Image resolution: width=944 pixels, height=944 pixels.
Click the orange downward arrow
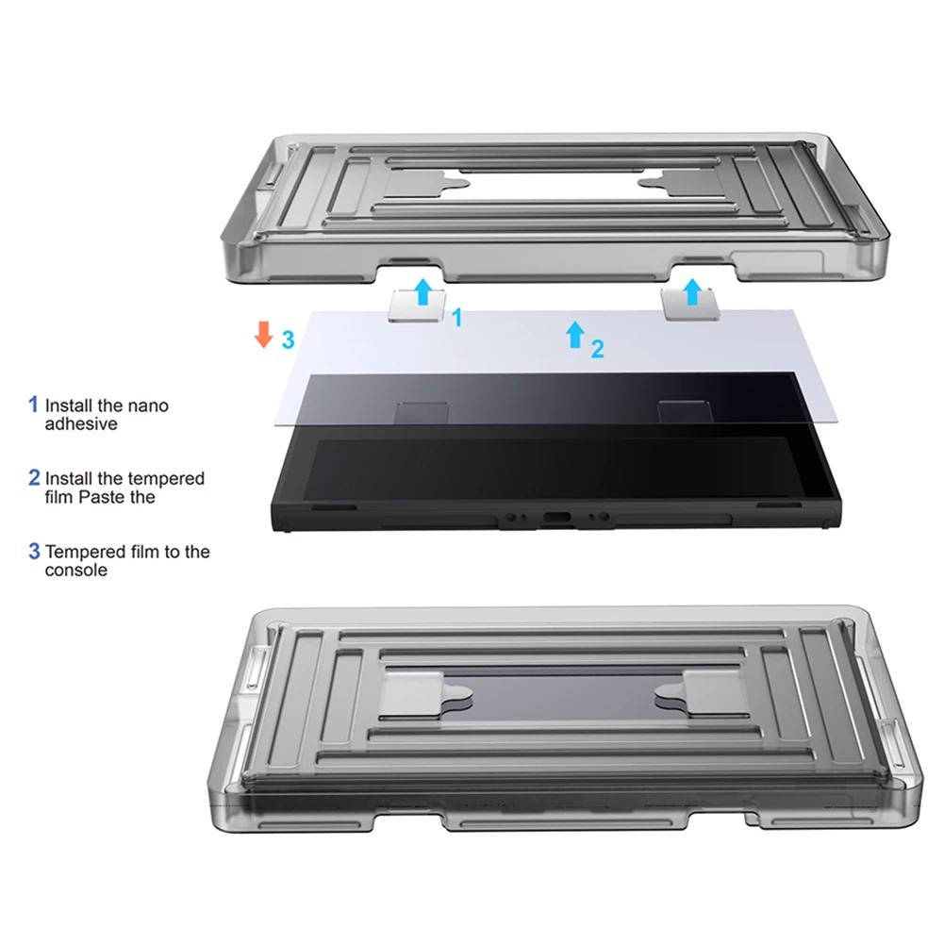tap(264, 335)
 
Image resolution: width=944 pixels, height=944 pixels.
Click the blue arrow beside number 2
tap(574, 334)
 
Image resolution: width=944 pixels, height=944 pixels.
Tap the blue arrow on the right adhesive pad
tap(694, 290)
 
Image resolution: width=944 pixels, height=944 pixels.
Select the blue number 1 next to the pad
tap(456, 318)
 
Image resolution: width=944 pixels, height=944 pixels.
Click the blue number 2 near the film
tap(597, 350)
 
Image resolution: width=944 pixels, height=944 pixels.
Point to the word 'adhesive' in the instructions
tap(81, 424)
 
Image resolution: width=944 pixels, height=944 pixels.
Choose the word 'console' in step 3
tap(76, 571)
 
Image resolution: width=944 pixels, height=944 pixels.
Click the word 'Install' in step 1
tap(71, 406)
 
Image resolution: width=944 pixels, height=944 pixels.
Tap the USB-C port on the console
tap(553, 518)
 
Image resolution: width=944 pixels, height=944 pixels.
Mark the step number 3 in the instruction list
tap(34, 551)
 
